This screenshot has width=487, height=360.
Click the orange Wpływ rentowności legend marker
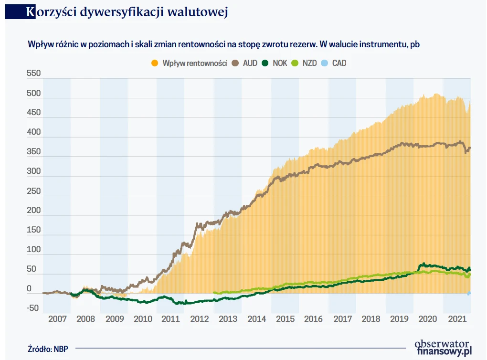point(154,63)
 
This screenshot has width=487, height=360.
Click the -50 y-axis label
point(33,308)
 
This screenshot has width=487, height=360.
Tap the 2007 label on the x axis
point(57,319)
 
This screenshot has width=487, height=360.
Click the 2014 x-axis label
point(257,319)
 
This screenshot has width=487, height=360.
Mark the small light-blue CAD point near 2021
point(469,293)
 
